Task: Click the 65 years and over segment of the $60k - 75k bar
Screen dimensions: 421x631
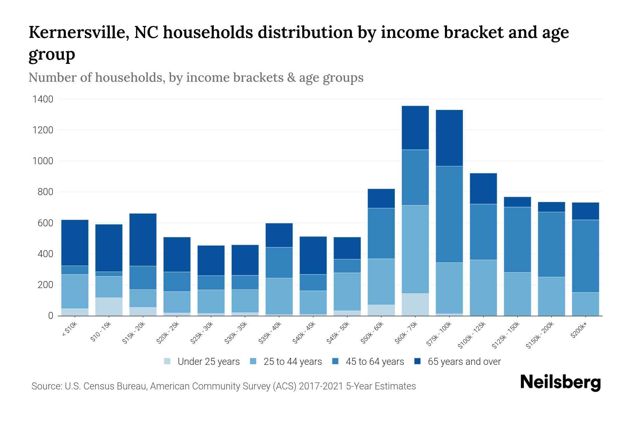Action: click(x=415, y=128)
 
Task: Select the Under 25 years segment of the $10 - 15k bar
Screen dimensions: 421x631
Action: click(x=109, y=306)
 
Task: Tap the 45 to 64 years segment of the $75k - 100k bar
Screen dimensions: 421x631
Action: click(x=449, y=214)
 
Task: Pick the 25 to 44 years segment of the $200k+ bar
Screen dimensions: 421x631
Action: click(x=585, y=304)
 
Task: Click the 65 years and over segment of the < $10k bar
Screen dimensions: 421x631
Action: click(x=75, y=242)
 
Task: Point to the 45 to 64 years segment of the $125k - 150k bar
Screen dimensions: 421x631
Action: click(x=517, y=239)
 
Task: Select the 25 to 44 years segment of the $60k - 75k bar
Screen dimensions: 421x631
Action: click(x=415, y=249)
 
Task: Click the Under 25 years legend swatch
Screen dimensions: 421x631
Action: click(x=168, y=361)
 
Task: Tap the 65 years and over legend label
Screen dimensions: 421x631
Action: click(x=464, y=361)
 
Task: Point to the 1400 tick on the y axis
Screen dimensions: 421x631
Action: click(x=43, y=99)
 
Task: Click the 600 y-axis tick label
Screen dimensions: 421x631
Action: click(x=46, y=223)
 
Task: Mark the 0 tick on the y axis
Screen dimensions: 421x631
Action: click(x=50, y=316)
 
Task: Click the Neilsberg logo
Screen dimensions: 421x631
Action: click(x=560, y=382)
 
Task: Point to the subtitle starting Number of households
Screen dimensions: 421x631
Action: click(x=196, y=78)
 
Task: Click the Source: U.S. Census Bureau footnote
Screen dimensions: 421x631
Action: click(x=223, y=386)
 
